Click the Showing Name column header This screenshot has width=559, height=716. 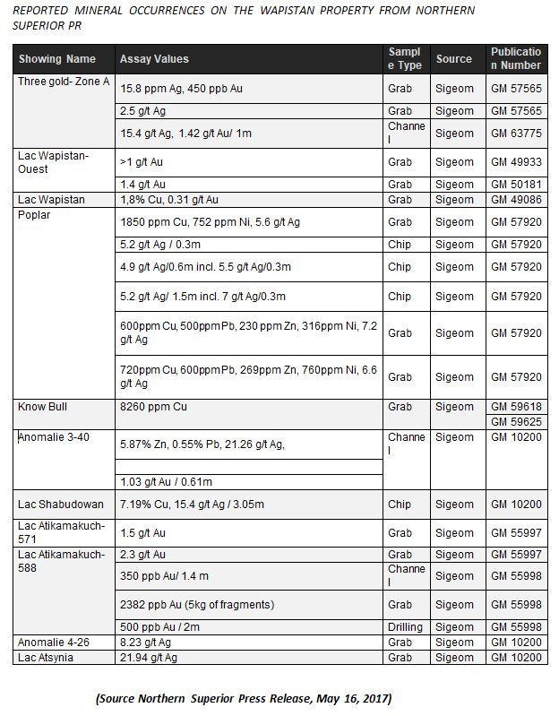pos(56,59)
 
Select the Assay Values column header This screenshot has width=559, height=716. pos(154,59)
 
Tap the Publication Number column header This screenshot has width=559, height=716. pos(515,58)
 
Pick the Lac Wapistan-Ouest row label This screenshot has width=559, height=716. pos(53,162)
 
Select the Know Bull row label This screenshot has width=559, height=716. pos(44,407)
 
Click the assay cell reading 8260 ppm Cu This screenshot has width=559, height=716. pos(156,407)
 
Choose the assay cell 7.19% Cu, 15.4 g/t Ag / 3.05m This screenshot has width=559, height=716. pos(192,505)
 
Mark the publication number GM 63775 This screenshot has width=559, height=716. pos(515,134)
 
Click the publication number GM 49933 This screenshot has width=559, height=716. pos(515,162)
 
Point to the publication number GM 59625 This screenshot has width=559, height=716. pos(515,421)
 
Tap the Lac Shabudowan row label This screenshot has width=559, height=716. pos(60,505)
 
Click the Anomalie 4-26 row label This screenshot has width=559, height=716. pos(52,642)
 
